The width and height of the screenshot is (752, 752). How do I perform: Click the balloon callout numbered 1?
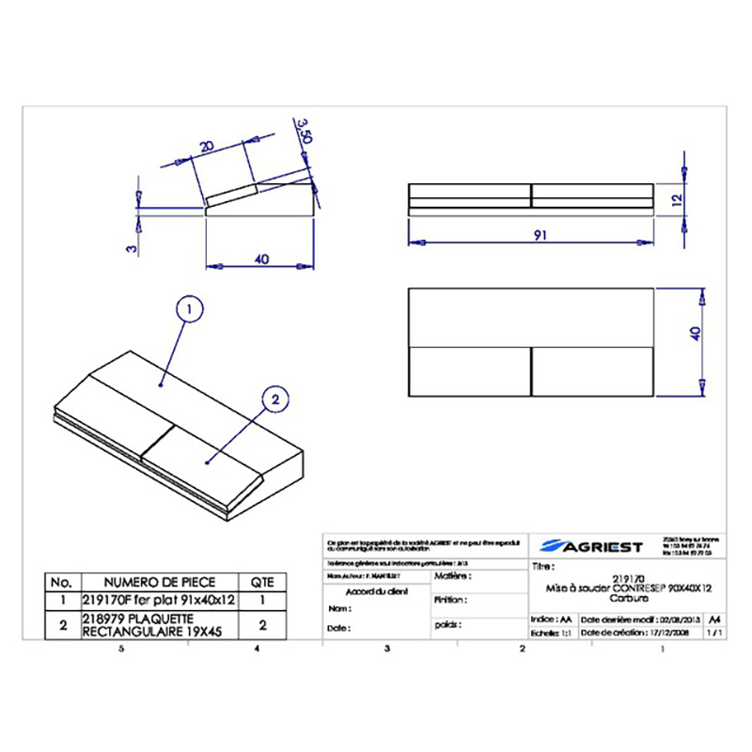[189, 307]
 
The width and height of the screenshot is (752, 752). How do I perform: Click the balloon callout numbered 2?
[274, 399]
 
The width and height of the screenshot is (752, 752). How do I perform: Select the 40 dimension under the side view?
[260, 258]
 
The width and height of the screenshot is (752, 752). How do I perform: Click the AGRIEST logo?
[592, 546]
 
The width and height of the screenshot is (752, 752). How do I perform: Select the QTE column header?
[263, 582]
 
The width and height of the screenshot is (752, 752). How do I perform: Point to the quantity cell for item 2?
[263, 624]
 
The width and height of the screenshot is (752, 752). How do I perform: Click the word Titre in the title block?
[543, 567]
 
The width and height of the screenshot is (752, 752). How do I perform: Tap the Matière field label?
[453, 575]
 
